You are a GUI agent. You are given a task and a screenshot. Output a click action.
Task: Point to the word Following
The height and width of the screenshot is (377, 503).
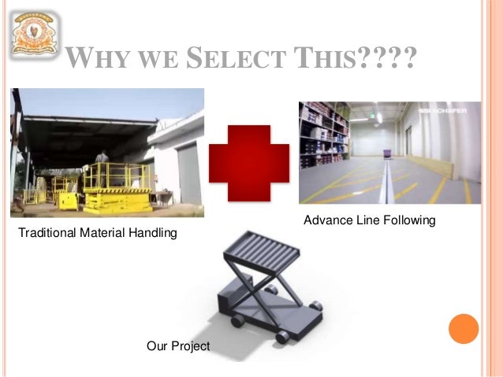(408, 221)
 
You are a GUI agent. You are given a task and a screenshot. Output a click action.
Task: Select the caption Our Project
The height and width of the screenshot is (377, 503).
(178, 346)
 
